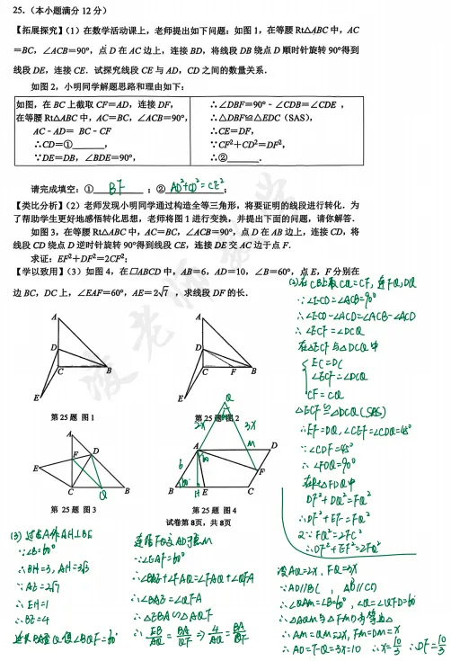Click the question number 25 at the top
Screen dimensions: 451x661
(x=19, y=11)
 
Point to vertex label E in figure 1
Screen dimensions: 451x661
(x=38, y=397)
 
